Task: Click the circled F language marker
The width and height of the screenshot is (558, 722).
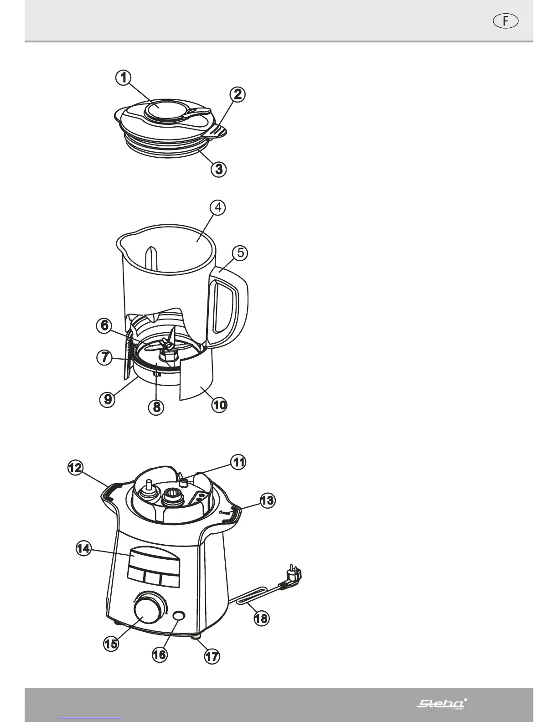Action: (x=506, y=21)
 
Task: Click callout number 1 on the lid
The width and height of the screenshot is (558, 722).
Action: (x=122, y=77)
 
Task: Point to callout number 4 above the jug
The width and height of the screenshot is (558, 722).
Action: (x=218, y=207)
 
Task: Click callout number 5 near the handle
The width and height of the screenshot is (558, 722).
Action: (x=240, y=252)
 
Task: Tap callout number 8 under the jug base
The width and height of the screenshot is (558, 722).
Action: (x=156, y=406)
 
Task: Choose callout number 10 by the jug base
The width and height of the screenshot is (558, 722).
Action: (x=219, y=404)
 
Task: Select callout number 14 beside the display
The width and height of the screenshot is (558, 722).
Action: (x=83, y=549)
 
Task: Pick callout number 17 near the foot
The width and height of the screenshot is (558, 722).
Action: (x=212, y=657)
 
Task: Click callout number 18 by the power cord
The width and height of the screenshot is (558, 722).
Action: (x=261, y=619)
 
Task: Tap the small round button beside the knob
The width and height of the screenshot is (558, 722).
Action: (x=179, y=615)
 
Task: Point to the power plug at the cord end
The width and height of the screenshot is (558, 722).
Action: (x=292, y=578)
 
